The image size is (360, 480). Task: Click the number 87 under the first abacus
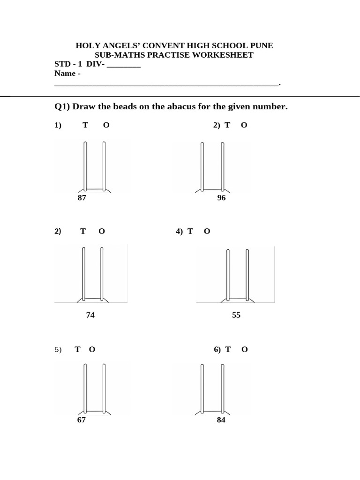coord(82,198)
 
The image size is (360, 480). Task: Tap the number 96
coord(221,198)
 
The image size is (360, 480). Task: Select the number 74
coord(90,315)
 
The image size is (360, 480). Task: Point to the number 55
coord(236,315)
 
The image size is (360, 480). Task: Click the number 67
coord(82,420)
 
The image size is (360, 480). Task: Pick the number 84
coord(221,420)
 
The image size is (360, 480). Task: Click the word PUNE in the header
coord(262,45)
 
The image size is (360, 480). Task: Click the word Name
coord(65,74)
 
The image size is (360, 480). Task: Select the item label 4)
coord(180,231)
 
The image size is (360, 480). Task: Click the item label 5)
coord(58,350)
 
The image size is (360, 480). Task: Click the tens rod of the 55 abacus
coord(228,274)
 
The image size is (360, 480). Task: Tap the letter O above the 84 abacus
coord(245,349)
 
